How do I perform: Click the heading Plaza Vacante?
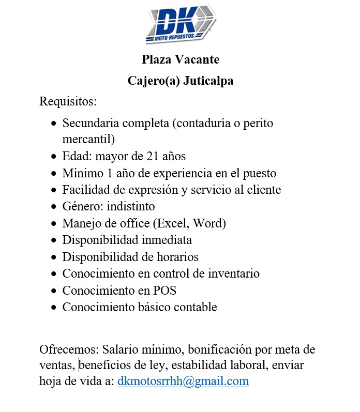tap(181, 60)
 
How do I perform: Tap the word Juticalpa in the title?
tap(208, 81)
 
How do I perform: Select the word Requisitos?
tap(68, 101)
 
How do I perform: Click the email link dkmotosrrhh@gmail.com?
tap(183, 382)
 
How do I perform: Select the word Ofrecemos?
tap(68, 349)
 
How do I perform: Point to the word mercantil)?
tap(88, 140)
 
